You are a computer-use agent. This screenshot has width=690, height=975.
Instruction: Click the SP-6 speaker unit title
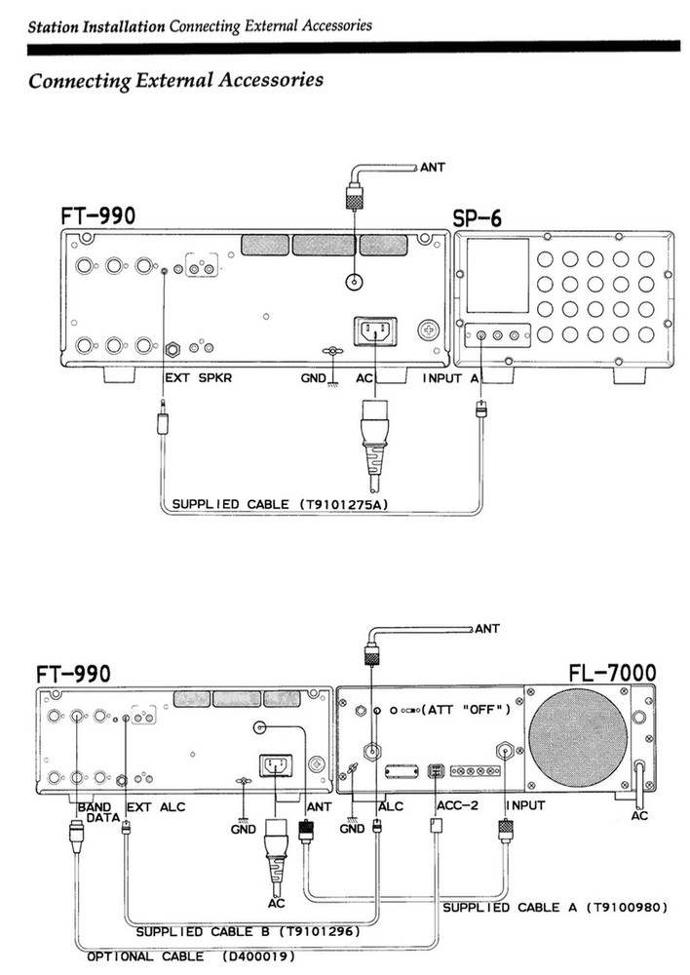[x=478, y=217]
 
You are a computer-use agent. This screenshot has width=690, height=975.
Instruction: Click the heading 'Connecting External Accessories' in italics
[x=175, y=80]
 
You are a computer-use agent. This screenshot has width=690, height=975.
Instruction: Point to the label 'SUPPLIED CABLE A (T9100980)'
[x=555, y=908]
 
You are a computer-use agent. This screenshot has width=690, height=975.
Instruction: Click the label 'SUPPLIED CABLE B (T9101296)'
[x=249, y=932]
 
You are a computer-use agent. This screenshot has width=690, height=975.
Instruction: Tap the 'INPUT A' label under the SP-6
[x=451, y=377]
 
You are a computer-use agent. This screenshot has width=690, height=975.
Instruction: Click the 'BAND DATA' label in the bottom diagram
[x=95, y=813]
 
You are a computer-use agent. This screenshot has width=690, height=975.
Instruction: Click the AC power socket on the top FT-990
[x=377, y=331]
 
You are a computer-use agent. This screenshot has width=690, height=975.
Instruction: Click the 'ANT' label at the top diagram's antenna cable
[x=434, y=167]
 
